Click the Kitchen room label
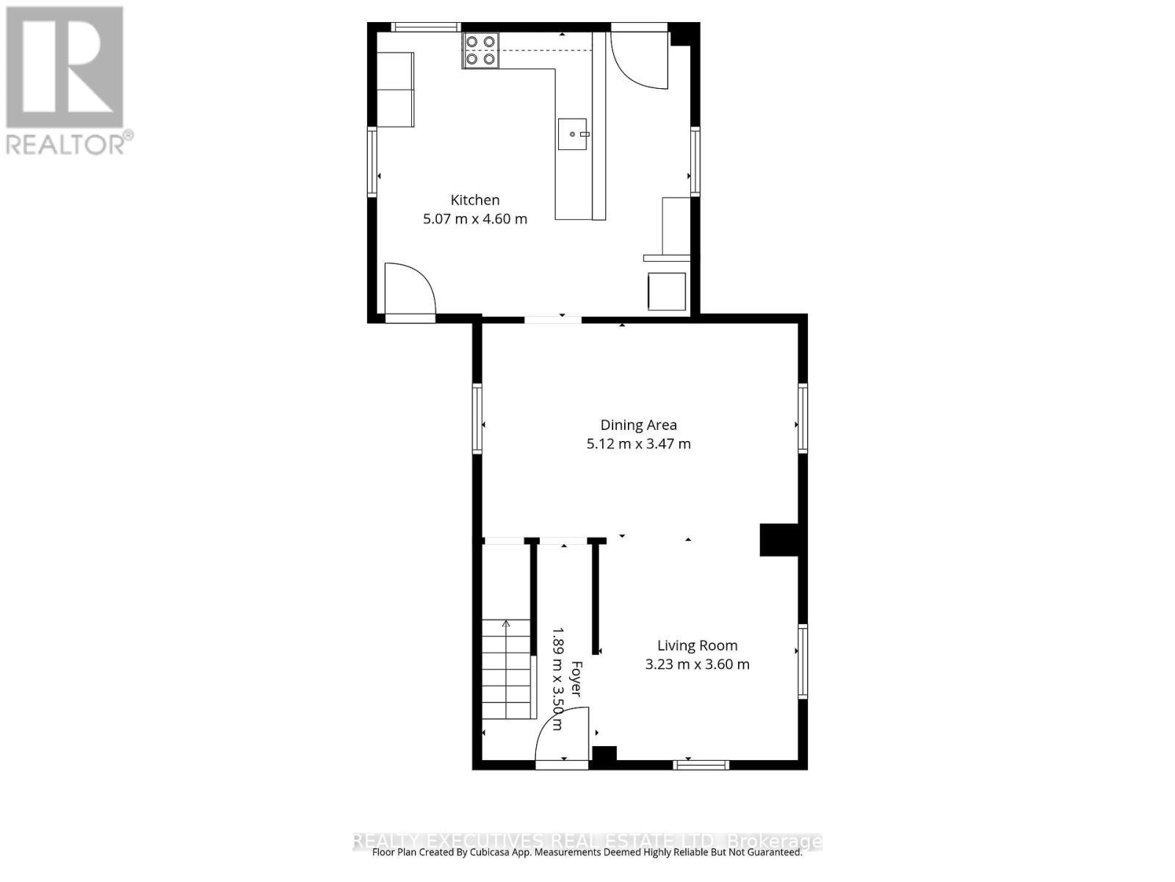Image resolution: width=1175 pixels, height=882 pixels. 474,200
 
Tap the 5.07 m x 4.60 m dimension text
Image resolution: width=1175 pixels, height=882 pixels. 474,219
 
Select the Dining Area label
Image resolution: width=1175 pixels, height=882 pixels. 638,425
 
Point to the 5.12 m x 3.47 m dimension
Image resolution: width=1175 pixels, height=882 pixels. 638,444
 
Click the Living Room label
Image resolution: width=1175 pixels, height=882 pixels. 697,645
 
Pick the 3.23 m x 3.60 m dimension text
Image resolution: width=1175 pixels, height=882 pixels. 697,664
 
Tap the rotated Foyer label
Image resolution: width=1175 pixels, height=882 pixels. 576,679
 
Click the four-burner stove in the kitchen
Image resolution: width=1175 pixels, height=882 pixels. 480,51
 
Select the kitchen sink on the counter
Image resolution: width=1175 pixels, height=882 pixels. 573,135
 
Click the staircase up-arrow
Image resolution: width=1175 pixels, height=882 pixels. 506,625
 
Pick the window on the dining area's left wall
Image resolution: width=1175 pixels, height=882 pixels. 477,418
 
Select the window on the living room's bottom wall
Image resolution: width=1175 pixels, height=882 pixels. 701,765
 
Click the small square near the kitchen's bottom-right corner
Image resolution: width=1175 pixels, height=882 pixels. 667,291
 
